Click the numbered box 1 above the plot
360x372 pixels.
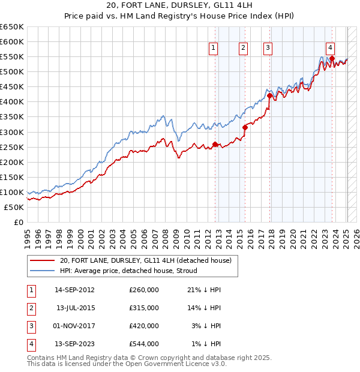pyautogui.click(x=214, y=49)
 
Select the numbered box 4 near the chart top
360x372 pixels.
pyautogui.click(x=331, y=49)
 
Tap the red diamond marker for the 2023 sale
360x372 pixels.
pyautogui.click(x=332, y=58)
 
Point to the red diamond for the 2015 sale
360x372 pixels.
pyautogui.click(x=245, y=127)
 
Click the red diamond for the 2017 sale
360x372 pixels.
pyautogui.click(x=269, y=95)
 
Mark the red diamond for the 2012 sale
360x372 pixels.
pyautogui.click(x=215, y=144)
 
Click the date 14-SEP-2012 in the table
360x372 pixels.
pyautogui.click(x=74, y=290)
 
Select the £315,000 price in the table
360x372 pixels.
pyautogui.click(x=144, y=308)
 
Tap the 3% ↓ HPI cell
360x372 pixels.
pyautogui.click(x=206, y=326)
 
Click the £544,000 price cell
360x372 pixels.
pyautogui.click(x=144, y=344)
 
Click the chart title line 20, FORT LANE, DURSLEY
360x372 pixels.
pyautogui.click(x=180, y=7)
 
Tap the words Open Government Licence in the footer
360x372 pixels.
pyautogui.click(x=163, y=364)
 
